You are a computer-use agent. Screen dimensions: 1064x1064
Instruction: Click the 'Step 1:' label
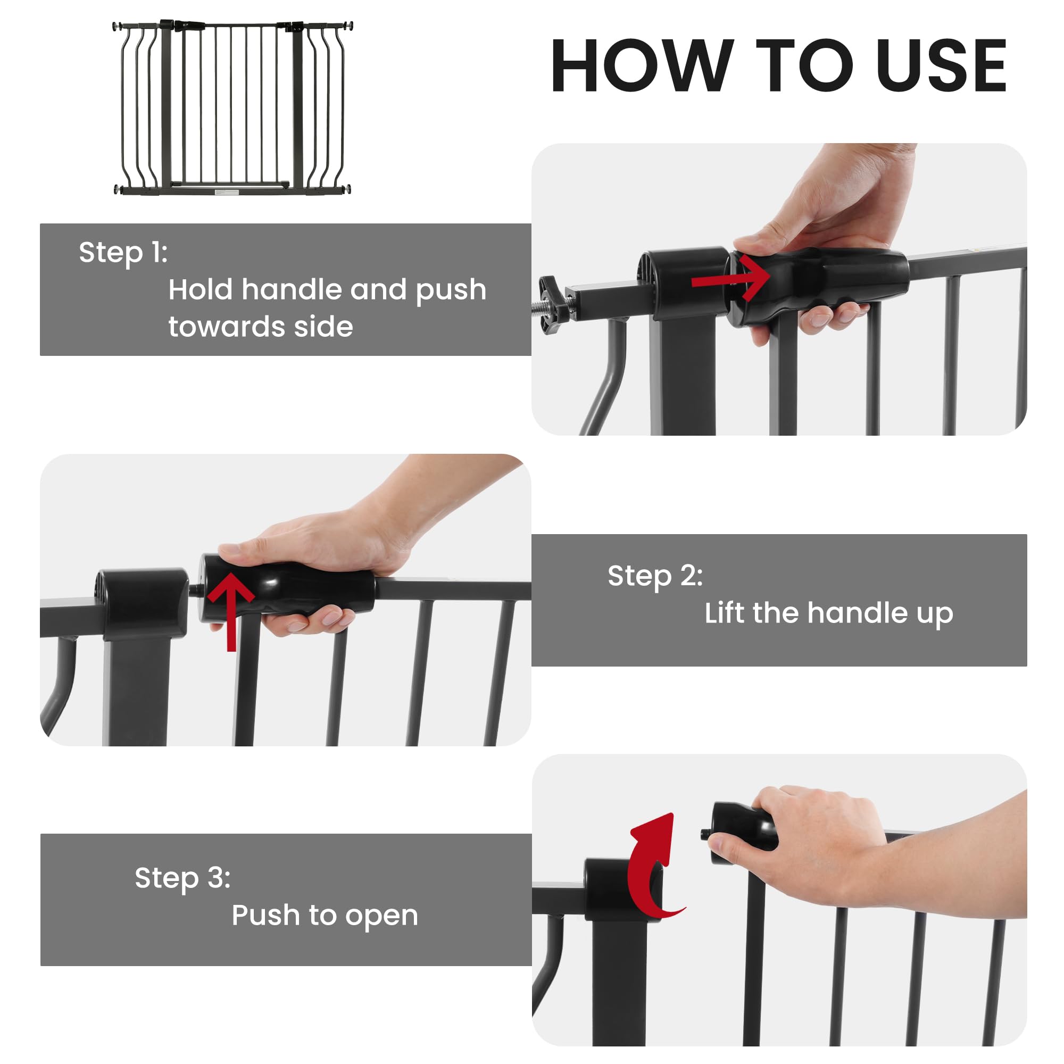[x=123, y=253]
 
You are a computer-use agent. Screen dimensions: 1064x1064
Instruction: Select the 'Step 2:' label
[x=655, y=577]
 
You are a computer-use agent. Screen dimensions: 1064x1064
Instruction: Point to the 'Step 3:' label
[x=182, y=878]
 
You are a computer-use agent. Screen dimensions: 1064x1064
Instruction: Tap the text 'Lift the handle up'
[x=828, y=613]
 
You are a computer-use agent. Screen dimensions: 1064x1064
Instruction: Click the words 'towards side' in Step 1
[x=261, y=327]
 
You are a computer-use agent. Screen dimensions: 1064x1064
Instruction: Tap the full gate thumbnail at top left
[x=232, y=108]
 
